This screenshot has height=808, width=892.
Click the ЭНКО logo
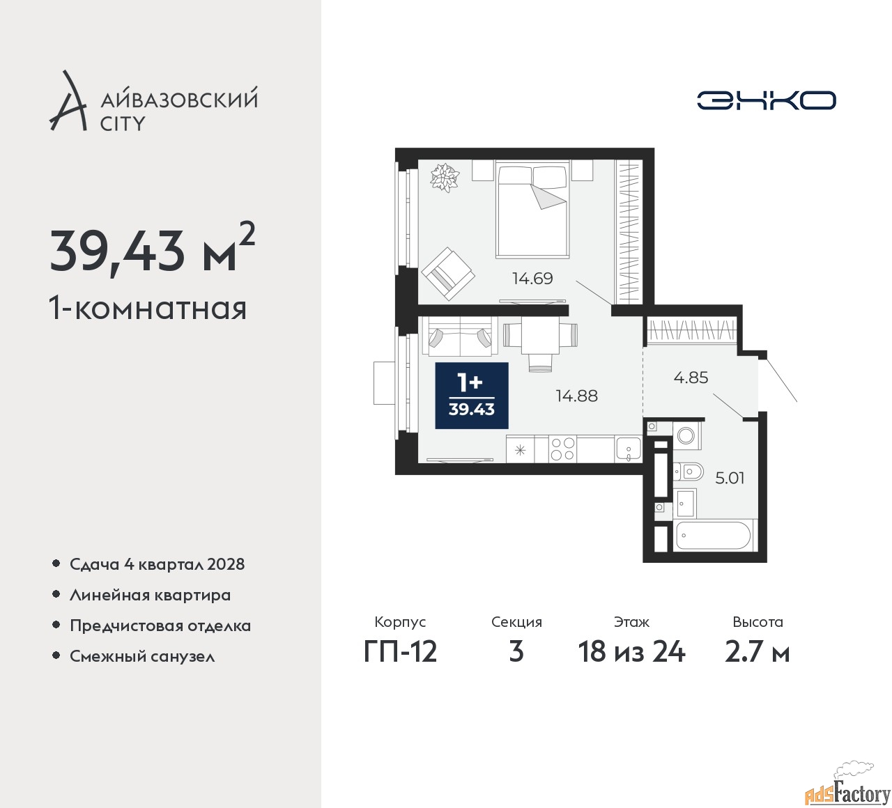click(766, 100)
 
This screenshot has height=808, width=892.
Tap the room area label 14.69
click(532, 279)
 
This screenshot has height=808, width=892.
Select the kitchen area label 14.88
click(577, 396)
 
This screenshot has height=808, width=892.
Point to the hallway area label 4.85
click(691, 378)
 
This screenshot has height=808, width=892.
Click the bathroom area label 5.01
click(730, 479)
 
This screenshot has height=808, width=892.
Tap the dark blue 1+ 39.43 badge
click(471, 396)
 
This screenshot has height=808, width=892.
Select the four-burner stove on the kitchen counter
click(562, 449)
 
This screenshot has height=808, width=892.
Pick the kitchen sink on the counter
click(629, 449)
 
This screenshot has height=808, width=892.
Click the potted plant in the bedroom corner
click(444, 178)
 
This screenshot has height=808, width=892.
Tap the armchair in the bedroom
click(448, 274)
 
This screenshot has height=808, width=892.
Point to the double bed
click(533, 209)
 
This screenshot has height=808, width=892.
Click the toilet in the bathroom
click(688, 471)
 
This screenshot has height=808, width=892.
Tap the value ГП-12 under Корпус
click(400, 653)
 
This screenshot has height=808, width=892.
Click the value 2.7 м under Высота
click(758, 653)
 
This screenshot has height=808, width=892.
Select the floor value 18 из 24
click(631, 653)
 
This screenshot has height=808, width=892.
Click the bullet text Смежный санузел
click(142, 656)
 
